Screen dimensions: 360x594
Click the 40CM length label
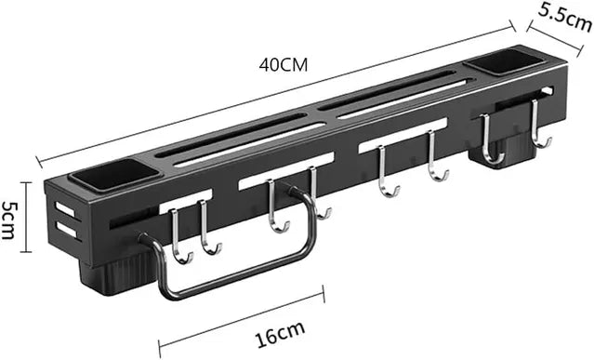tap(284, 65)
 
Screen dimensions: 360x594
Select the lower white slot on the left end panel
tap(65, 227)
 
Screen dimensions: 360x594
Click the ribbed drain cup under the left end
tap(116, 270)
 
